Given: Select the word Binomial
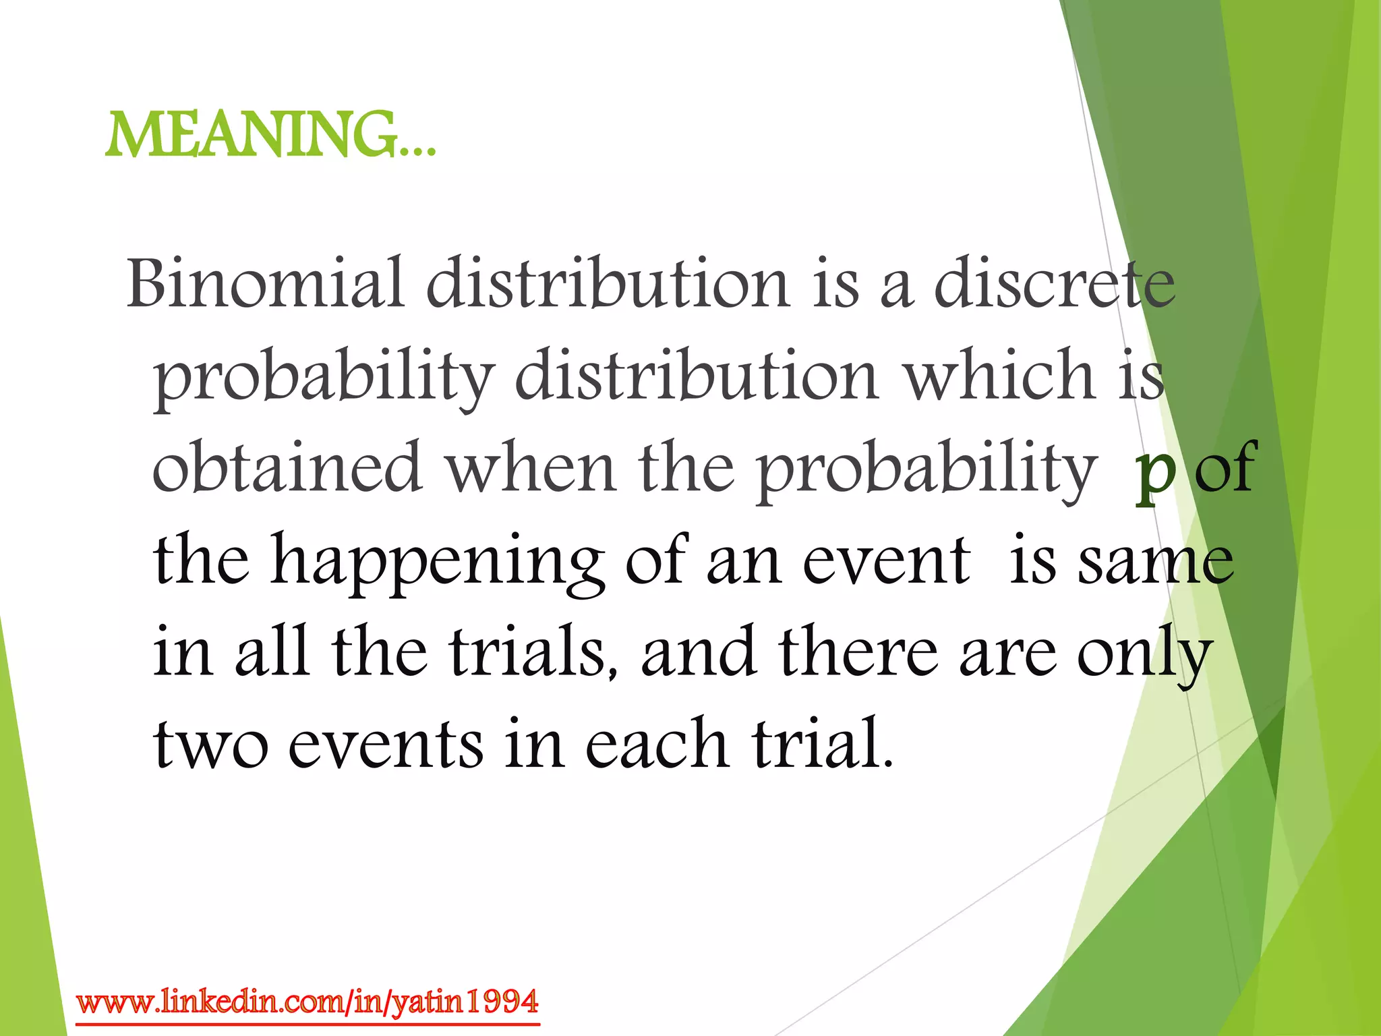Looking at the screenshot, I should [x=265, y=283].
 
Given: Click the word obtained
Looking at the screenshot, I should [x=287, y=467].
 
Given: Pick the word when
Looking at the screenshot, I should [x=532, y=467].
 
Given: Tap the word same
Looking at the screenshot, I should [x=1156, y=561].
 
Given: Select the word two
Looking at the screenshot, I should [x=210, y=745].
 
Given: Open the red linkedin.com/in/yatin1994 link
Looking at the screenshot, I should [x=307, y=1002].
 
